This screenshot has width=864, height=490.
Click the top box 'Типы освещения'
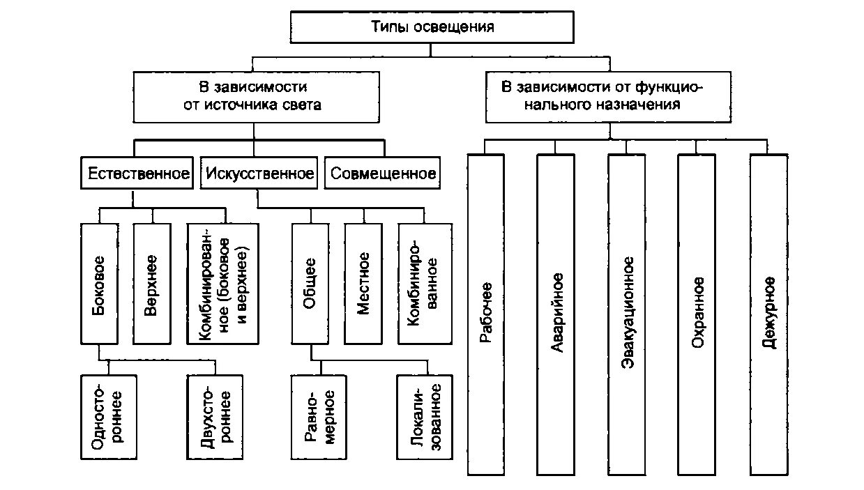(x=431, y=28)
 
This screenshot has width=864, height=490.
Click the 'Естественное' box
(x=138, y=174)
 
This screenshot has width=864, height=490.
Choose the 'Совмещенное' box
(x=383, y=174)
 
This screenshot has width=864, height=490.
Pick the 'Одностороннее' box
(x=108, y=416)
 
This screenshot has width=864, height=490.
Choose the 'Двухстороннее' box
(x=216, y=416)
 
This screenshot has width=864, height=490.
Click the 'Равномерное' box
(x=320, y=416)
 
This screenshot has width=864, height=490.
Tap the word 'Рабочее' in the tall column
(x=486, y=314)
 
